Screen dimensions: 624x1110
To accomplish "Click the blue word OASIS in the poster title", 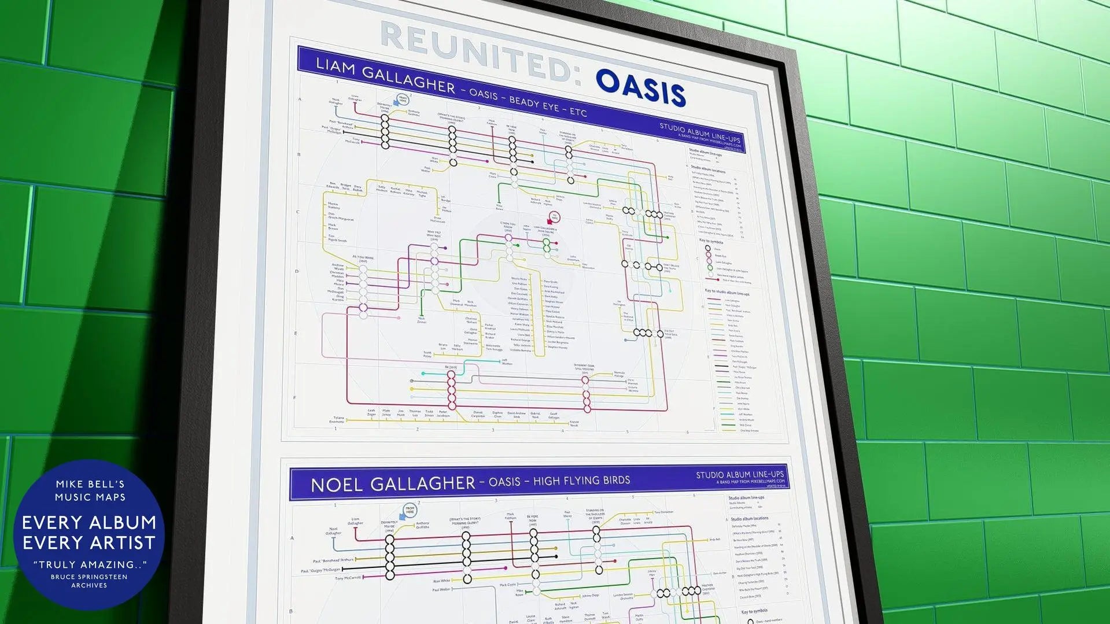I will [640, 88].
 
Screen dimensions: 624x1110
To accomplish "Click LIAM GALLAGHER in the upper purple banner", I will [385, 76].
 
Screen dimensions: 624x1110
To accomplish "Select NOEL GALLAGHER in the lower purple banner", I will [392, 483].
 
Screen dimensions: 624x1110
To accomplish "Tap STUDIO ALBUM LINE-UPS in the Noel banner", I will [740, 475].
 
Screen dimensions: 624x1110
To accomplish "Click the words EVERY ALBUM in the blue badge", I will [89, 522].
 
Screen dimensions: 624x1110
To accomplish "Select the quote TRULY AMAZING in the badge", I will [90, 564].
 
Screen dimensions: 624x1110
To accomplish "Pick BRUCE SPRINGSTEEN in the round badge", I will [89, 577].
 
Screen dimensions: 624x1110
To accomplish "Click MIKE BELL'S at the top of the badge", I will [90, 484].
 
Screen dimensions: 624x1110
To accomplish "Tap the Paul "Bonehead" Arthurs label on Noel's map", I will [333, 560].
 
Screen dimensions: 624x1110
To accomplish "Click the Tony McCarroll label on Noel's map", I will [348, 578].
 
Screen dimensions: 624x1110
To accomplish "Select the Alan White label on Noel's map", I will [441, 581].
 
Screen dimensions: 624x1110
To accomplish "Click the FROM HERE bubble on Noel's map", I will [410, 511].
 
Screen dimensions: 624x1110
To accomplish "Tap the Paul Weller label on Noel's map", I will [441, 590].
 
